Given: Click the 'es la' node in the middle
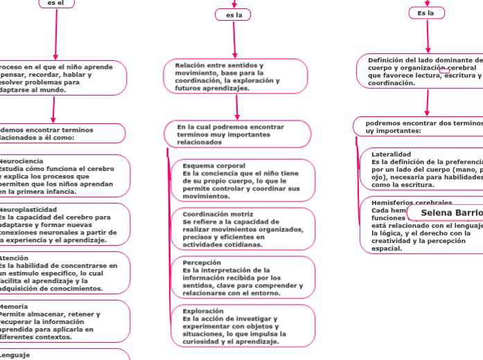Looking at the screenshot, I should tap(233, 15).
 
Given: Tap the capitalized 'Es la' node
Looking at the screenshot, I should tap(426, 13).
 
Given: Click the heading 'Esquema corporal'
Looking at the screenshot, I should tap(213, 165).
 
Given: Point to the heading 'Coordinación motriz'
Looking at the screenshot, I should tap(218, 214).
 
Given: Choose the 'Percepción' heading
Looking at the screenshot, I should tap(201, 262).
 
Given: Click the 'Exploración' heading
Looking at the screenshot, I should tap(203, 311).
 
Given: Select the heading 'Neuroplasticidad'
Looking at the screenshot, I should tap(28, 208).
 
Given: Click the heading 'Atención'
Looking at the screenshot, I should tap(14, 258).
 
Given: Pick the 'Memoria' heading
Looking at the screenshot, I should tap(14, 306).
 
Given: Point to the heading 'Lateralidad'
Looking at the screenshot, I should tap(391, 154).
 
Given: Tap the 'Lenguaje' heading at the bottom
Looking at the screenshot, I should tap(15, 354).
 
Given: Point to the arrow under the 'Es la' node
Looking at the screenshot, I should tap(428, 35).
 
